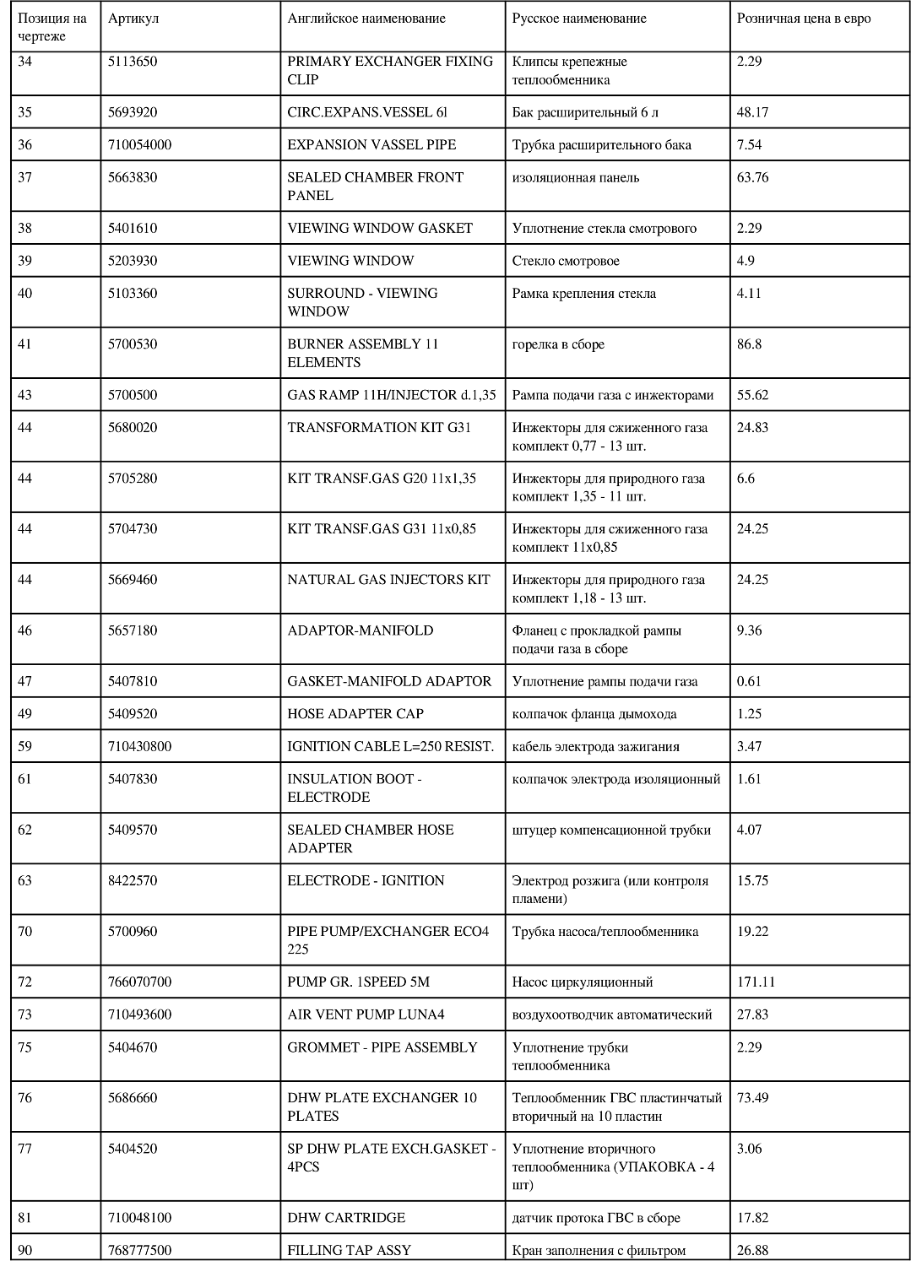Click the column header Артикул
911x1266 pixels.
tap(133, 19)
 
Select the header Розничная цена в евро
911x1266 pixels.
tap(803, 19)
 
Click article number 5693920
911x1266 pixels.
tap(133, 112)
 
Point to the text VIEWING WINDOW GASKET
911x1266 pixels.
tap(380, 228)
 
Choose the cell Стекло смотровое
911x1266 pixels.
tap(566, 261)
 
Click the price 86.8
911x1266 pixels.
tap(749, 344)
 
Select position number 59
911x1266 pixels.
tap(25, 746)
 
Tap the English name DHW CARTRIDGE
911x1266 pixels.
tap(346, 1218)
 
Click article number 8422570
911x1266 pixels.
tap(133, 880)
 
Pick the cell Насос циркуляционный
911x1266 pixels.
tap(583, 982)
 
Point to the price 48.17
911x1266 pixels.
tap(752, 112)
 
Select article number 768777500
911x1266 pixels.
tap(139, 1250)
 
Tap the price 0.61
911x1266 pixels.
tap(749, 681)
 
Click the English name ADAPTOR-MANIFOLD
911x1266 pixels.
tap(361, 630)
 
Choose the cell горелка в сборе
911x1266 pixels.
tap(558, 344)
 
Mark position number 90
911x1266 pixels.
tap(25, 1250)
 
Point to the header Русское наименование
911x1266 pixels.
tap(579, 19)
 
